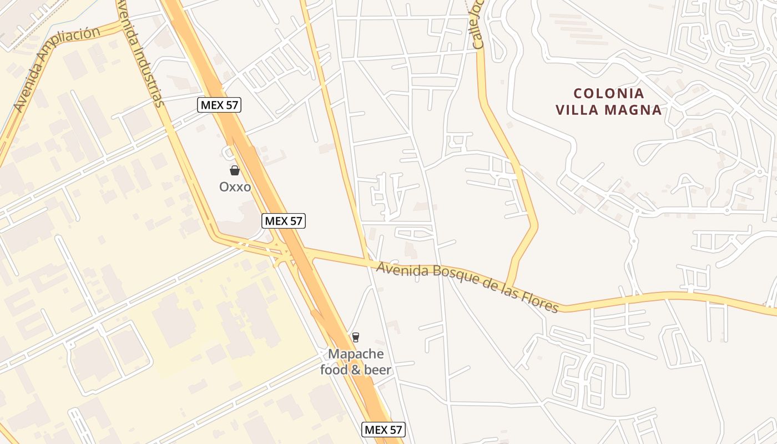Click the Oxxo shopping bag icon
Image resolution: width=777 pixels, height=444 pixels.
[235, 170]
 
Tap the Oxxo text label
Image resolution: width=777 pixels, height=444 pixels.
[235, 187]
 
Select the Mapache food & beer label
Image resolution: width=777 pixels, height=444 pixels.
[356, 362]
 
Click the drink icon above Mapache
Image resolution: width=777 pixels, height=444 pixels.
[356, 337]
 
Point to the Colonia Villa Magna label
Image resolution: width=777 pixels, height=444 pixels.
[609, 102]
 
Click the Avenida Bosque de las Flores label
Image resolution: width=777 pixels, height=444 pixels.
[467, 287]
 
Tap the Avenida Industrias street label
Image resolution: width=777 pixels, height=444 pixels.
[140, 53]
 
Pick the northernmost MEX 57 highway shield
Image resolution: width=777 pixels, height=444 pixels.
[220, 104]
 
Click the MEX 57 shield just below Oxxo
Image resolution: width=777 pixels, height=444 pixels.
[284, 221]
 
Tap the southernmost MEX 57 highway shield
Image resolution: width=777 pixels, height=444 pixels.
[384, 429]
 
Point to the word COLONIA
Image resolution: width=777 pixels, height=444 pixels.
[609, 93]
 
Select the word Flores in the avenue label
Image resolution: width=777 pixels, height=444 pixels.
[540, 302]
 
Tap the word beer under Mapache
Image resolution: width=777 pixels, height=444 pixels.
[377, 370]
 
